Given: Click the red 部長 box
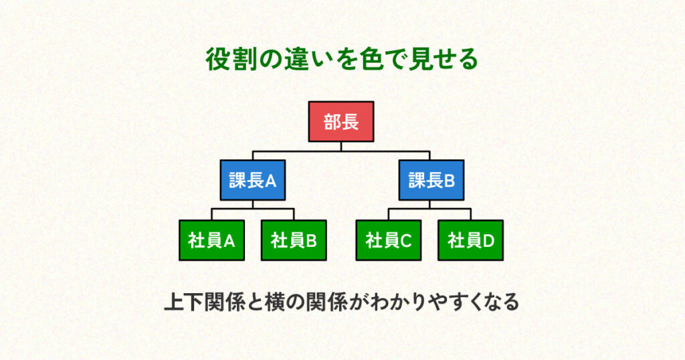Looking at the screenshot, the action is point(341,122).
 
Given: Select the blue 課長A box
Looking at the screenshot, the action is point(253,180).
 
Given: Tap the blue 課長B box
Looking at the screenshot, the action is point(431,180).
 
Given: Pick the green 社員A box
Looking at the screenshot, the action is point(212,240).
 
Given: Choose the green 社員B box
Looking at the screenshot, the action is point(294,240).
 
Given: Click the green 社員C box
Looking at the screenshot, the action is point(389,240).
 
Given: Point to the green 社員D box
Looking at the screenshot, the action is point(471,240).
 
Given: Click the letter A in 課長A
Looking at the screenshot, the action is point(271,181).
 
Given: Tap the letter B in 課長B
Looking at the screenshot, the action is point(450,181).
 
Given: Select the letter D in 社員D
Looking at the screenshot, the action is point(489,241).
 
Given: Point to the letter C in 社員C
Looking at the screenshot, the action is point(406,241).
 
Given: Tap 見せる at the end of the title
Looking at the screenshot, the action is point(443,60).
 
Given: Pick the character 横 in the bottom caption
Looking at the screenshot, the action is point(275,302).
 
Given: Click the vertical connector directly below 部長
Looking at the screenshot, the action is point(341,147).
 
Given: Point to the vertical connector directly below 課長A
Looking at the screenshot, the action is point(253,205).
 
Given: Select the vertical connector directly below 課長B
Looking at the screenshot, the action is point(429,205).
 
